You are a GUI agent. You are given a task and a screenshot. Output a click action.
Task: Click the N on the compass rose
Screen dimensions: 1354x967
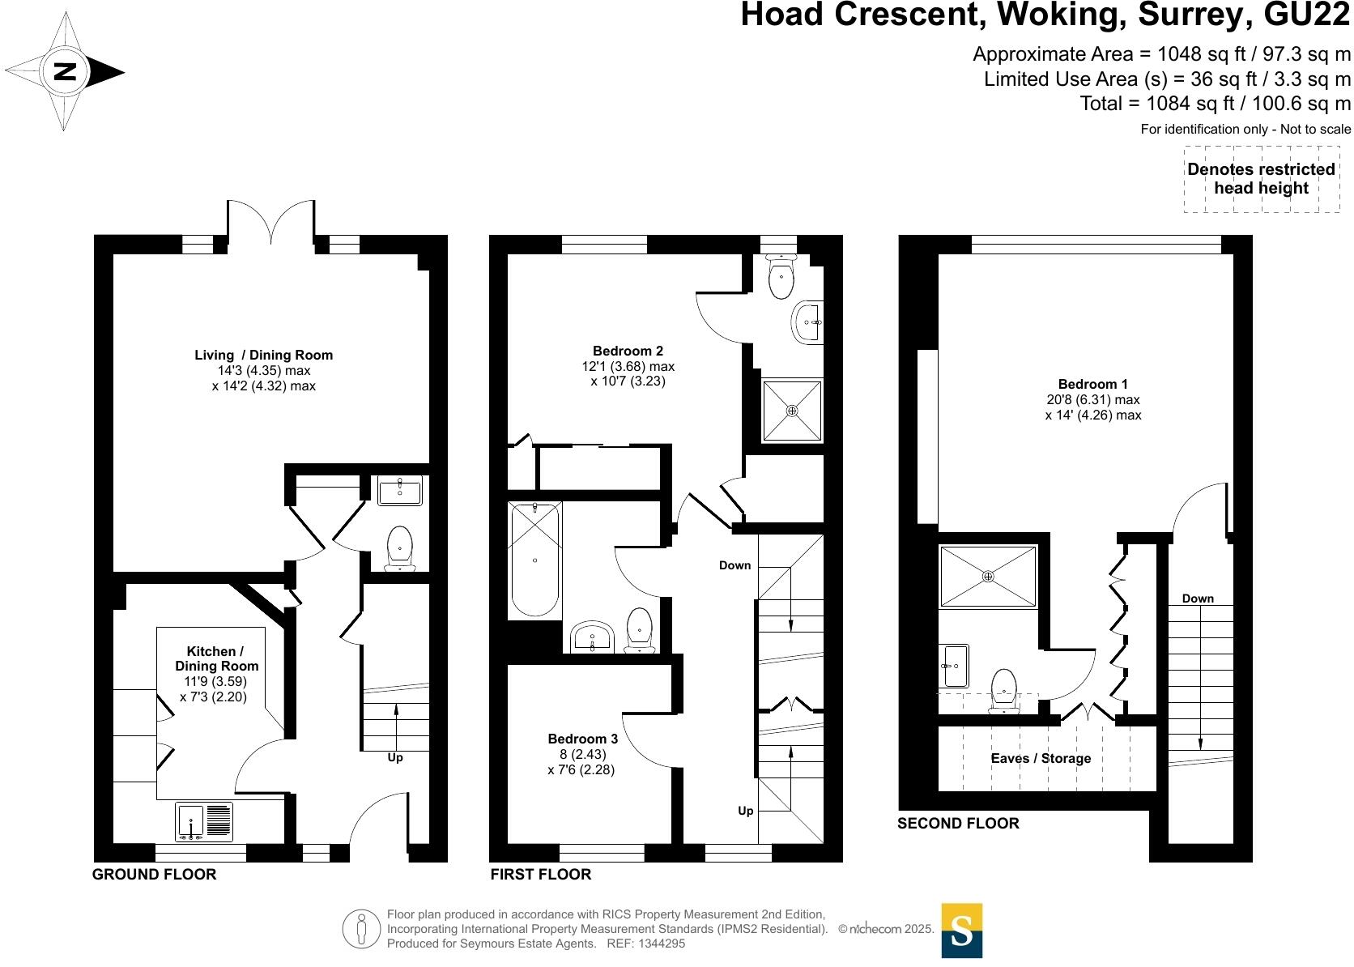tap(65, 72)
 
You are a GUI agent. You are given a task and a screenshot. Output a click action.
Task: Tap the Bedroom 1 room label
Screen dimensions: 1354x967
tap(1093, 385)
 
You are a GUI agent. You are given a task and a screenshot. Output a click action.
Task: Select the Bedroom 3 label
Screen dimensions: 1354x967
tap(583, 739)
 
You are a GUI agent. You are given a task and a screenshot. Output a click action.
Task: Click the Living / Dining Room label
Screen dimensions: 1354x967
tap(263, 356)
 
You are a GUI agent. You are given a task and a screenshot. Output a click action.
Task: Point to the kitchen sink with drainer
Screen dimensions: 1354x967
tap(204, 821)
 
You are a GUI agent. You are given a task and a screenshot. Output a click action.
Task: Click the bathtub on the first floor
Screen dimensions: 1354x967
tap(535, 560)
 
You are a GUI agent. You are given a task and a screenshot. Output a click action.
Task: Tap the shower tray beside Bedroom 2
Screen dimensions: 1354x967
tap(792, 411)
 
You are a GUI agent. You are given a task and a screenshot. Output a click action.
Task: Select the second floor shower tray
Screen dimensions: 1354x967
tap(988, 576)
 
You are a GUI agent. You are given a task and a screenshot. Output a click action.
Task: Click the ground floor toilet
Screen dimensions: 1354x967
tap(399, 547)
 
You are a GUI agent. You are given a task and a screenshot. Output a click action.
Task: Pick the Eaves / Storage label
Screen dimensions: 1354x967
tap(1041, 759)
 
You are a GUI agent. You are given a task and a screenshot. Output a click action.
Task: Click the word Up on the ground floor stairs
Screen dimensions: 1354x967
tap(394, 758)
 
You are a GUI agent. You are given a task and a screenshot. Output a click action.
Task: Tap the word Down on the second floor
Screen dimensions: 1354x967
tap(1198, 599)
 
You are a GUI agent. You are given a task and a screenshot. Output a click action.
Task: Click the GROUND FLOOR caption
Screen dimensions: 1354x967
tap(154, 875)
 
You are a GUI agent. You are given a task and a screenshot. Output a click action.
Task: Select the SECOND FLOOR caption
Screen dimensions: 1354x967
tap(958, 823)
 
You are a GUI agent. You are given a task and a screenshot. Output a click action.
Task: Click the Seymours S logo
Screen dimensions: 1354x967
tap(962, 931)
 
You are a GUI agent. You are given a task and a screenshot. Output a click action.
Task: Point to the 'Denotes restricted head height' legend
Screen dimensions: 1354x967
tap(1262, 179)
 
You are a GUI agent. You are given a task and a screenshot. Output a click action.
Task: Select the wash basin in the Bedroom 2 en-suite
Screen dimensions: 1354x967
tap(807, 322)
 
